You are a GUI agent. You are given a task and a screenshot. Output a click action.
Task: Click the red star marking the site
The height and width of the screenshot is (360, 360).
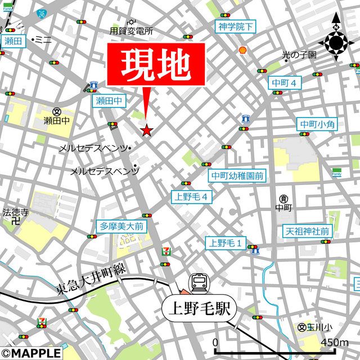click(x=146, y=130)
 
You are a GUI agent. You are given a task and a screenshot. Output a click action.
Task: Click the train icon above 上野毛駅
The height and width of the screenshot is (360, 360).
click(x=199, y=282)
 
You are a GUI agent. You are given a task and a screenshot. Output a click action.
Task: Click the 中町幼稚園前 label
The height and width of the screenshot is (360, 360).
click(x=237, y=176)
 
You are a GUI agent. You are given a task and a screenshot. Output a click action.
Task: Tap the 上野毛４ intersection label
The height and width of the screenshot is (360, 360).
click(x=192, y=197)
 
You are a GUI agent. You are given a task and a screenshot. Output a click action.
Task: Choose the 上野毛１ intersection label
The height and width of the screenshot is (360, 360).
click(x=226, y=243)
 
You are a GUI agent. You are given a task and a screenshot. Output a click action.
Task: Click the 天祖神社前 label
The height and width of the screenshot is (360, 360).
click(x=307, y=231)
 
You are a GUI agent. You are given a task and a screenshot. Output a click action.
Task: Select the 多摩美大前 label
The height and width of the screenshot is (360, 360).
click(x=122, y=226)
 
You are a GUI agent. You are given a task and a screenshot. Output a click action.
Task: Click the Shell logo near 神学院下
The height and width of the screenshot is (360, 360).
click(x=244, y=50)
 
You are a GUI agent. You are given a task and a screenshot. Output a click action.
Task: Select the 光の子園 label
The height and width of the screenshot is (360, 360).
click(x=299, y=55)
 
